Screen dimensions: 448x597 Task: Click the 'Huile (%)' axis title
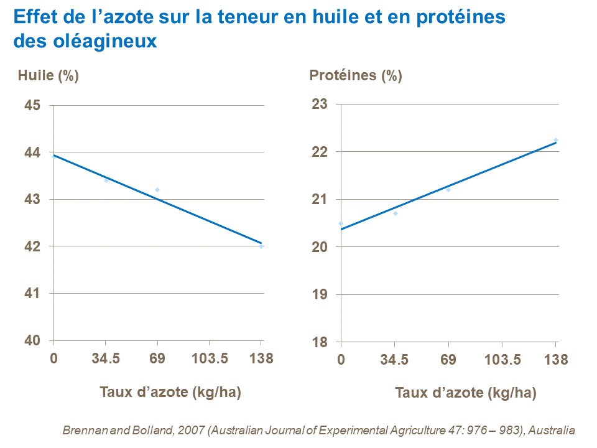[x=48, y=76]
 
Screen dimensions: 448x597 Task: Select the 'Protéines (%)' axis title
[x=356, y=76]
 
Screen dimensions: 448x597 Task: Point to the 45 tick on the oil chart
[x=33, y=105]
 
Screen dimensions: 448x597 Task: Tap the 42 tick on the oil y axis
[x=33, y=246]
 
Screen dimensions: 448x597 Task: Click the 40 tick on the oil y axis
[x=33, y=340]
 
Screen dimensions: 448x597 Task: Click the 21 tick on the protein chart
[x=320, y=199]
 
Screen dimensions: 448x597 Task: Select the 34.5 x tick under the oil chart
[x=106, y=359]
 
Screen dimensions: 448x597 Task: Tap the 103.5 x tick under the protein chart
[x=502, y=360]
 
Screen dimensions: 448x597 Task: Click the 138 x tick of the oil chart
[x=261, y=359]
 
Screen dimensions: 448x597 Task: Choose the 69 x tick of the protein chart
[x=448, y=360]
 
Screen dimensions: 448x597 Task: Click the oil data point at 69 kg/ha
[x=157, y=190]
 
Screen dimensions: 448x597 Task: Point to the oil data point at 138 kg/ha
[x=261, y=246]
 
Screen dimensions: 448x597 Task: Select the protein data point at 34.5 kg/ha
[x=396, y=213]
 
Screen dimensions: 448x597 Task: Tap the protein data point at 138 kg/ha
[x=556, y=140]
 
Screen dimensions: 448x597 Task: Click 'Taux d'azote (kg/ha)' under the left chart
[x=170, y=392]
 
